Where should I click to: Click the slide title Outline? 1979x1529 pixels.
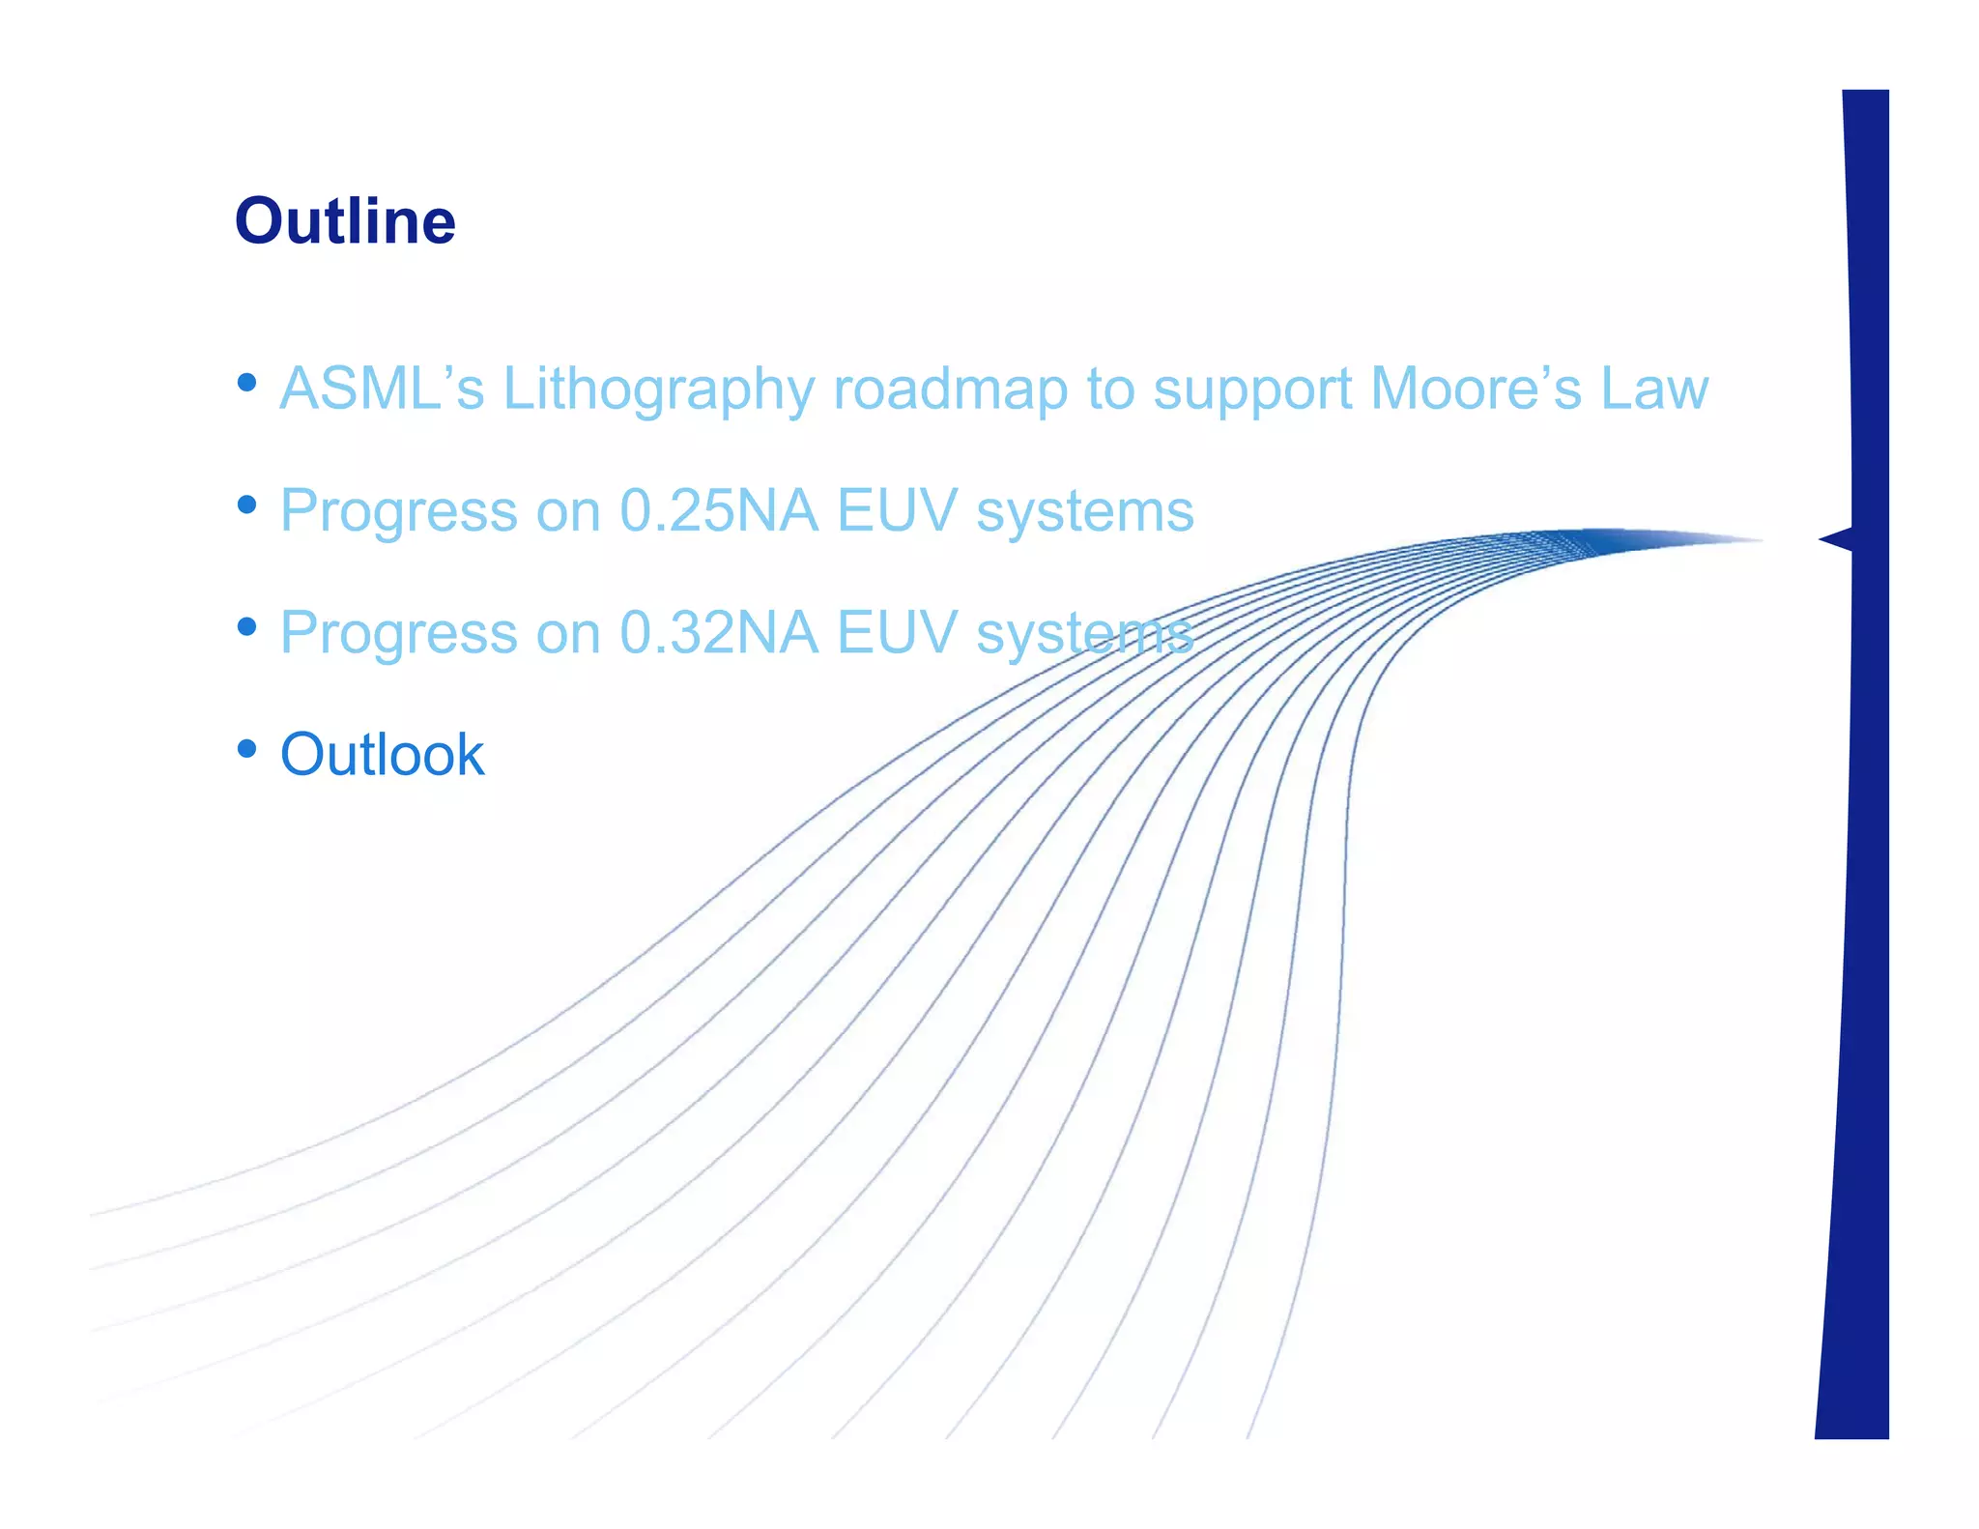pos(345,221)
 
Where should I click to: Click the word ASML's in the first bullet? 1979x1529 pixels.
pos(382,389)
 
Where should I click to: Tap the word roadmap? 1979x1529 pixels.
pos(950,389)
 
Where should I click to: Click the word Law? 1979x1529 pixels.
pos(1654,389)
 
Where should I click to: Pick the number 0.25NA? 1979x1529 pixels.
pos(718,510)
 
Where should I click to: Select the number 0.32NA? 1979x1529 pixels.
pos(718,632)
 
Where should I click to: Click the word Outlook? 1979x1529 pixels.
pos(382,754)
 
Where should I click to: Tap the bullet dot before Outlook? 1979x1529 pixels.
pos(247,748)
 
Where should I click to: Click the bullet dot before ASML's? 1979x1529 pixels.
pos(247,383)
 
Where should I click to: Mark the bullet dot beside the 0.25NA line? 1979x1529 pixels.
pos(247,505)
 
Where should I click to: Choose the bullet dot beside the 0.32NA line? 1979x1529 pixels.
pos(247,626)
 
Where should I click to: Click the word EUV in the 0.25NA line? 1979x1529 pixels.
pos(897,510)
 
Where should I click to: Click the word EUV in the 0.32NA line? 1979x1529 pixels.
pos(897,632)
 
